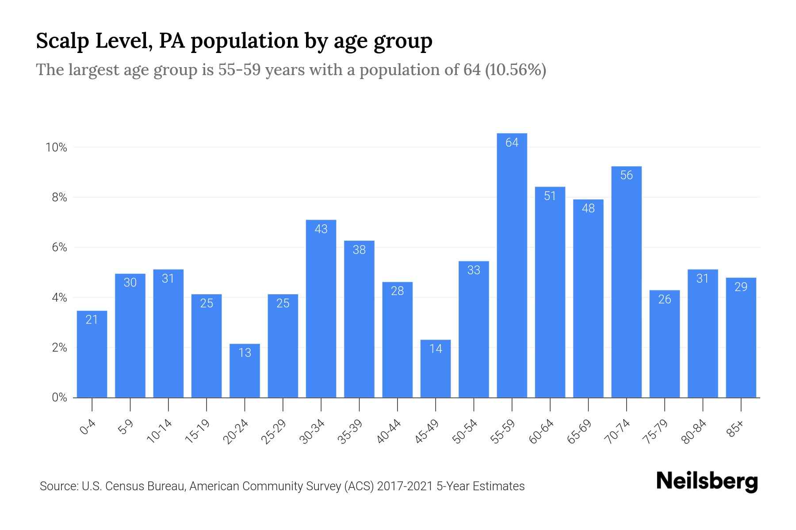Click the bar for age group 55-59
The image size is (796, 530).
512,265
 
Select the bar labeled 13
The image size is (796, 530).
245,371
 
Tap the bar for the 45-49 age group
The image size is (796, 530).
436,369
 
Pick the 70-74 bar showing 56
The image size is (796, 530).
626,283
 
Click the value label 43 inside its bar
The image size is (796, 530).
321,229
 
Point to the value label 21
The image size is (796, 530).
92,320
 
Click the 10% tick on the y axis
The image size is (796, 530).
56,148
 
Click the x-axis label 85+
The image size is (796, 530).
735,429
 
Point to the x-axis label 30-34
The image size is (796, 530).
312,432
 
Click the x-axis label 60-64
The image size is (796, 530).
541,432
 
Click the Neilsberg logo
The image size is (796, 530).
707,481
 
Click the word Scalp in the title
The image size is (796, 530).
62,41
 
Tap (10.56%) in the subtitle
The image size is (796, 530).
516,70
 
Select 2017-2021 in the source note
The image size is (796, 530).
405,486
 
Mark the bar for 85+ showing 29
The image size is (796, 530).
741,338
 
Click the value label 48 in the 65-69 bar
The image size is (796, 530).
588,208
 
